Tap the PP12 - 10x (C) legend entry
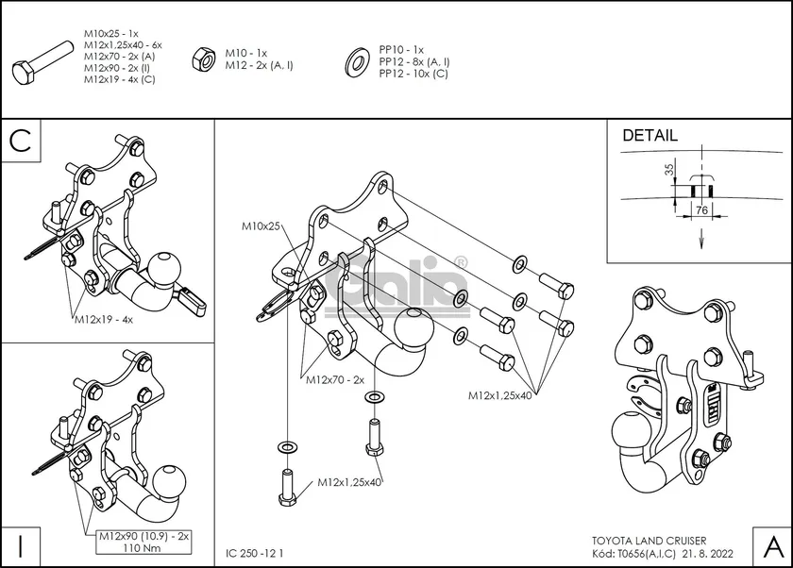[x=413, y=73]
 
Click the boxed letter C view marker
[x=22, y=142]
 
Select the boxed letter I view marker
[x=22, y=545]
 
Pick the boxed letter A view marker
[x=770, y=545]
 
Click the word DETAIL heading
[x=650, y=136]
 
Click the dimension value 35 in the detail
[x=669, y=171]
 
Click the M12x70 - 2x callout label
[x=334, y=379]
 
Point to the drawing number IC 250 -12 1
[x=256, y=553]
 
